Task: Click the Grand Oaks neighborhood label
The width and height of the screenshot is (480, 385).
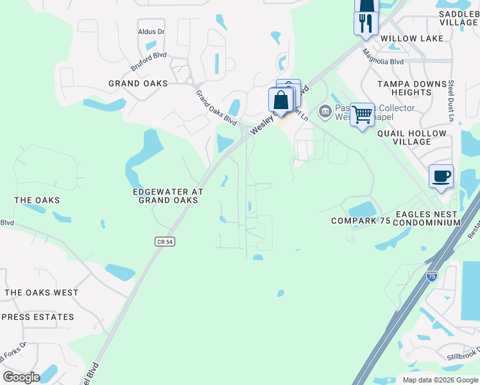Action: click(x=138, y=83)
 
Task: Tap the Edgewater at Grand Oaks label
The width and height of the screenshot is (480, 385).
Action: click(x=167, y=196)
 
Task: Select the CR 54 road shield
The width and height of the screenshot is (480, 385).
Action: click(x=165, y=241)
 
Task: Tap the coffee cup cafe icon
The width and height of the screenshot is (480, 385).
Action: click(x=441, y=176)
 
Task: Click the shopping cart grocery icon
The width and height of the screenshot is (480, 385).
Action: click(x=363, y=114)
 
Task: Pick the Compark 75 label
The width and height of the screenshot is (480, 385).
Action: click(x=361, y=221)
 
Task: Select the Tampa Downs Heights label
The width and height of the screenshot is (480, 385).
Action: click(x=411, y=88)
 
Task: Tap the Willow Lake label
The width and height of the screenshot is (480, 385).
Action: click(x=412, y=38)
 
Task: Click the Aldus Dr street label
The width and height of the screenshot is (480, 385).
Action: click(x=151, y=31)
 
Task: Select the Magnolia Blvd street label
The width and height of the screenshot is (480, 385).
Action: click(x=382, y=58)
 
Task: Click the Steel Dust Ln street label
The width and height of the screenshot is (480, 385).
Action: click(x=451, y=100)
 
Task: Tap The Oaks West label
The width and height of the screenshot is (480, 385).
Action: click(x=41, y=293)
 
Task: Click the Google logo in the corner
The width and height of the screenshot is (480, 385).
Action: click(x=21, y=377)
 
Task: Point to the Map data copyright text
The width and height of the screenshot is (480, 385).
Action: click(x=440, y=380)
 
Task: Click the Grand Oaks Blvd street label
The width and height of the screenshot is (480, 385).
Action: click(x=216, y=108)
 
